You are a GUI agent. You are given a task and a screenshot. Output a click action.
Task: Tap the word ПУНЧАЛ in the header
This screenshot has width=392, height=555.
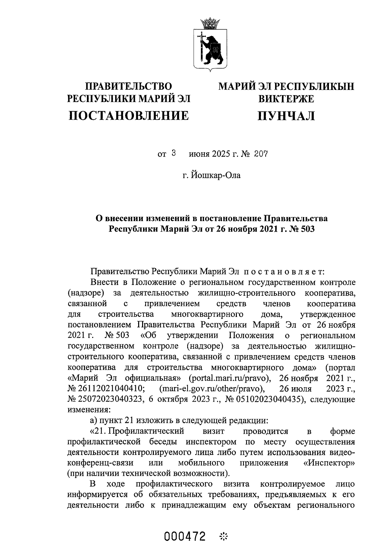(x=286, y=115)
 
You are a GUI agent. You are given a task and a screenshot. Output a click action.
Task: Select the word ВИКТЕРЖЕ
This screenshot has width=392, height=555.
(x=286, y=99)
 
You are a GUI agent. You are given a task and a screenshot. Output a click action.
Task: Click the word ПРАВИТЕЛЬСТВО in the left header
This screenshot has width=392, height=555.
(x=128, y=86)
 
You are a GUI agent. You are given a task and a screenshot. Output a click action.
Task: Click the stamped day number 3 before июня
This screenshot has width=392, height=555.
(x=174, y=153)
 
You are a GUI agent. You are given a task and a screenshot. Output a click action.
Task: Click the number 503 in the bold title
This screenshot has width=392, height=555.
(x=306, y=229)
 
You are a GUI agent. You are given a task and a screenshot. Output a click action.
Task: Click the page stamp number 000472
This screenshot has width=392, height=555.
(x=186, y=537)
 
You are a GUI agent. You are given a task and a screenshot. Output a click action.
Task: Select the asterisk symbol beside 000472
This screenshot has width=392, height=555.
(x=224, y=537)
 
